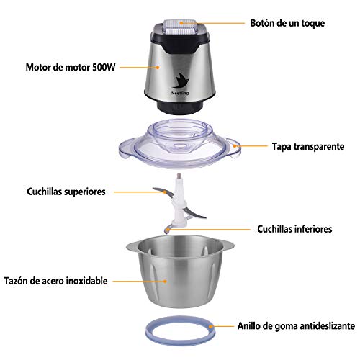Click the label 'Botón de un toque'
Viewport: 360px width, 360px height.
[287, 23]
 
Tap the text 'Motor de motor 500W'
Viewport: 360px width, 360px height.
[71, 67]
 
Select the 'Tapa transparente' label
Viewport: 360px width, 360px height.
[308, 146]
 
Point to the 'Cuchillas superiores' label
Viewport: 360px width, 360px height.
[66, 192]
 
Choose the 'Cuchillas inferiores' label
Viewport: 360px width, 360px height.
[294, 229]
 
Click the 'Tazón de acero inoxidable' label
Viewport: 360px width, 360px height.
[55, 281]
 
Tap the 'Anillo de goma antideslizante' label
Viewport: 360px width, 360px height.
[296, 326]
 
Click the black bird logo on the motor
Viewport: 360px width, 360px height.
[181, 81]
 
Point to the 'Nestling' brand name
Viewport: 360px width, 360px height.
[180, 93]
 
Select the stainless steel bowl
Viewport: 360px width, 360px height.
[180, 271]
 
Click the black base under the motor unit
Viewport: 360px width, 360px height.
[180, 107]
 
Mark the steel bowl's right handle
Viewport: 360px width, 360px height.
[228, 246]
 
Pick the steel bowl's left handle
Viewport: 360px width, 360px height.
[132, 246]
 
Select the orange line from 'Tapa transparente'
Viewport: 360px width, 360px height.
[251, 145]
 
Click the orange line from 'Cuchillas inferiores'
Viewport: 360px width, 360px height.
[209, 230]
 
